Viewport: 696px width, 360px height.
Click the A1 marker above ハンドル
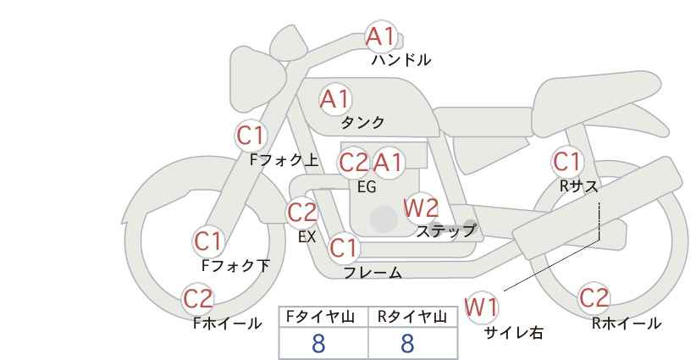(380, 36)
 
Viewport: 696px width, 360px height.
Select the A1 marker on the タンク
(334, 99)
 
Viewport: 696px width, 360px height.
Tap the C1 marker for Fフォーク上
(251, 135)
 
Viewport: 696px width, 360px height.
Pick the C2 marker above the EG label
(354, 162)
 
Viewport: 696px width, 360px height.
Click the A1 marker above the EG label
(389, 162)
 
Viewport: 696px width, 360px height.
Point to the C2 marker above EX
(302, 212)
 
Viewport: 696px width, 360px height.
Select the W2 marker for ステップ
(421, 207)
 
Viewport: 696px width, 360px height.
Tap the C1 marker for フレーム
(344, 248)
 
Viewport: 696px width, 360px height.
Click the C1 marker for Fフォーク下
(208, 241)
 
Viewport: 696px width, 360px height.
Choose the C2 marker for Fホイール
(199, 299)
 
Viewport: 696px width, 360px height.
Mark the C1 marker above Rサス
(567, 161)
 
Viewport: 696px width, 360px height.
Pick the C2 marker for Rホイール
(594, 298)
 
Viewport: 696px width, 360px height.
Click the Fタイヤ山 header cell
(323, 318)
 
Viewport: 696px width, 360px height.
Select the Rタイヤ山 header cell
(412, 318)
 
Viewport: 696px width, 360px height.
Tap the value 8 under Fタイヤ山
(318, 343)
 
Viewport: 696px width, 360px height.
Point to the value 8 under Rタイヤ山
(407, 343)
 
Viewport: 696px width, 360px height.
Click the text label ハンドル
(401, 61)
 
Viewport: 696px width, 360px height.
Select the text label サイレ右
(514, 333)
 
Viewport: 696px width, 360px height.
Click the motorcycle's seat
(483, 119)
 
